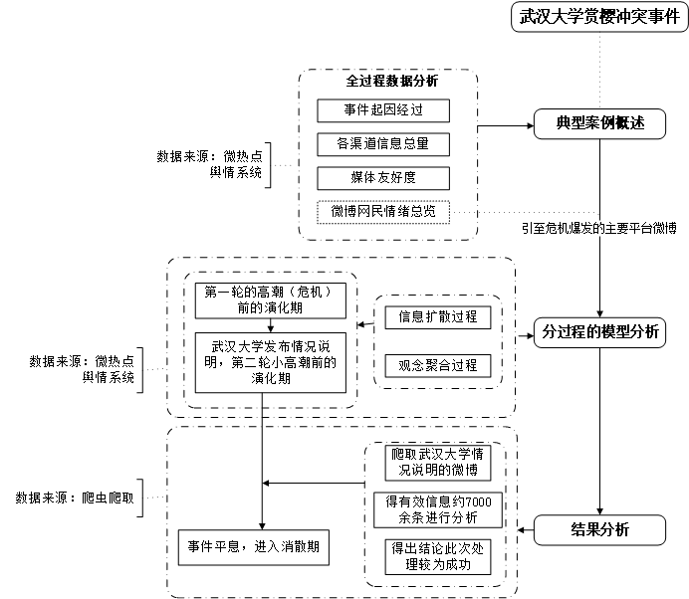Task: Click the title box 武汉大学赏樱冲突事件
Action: pyautogui.click(x=599, y=17)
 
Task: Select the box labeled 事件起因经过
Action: pyautogui.click(x=383, y=109)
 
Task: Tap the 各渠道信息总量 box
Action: pyautogui.click(x=383, y=143)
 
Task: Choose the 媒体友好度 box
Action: pyautogui.click(x=383, y=178)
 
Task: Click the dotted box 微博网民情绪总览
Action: pyautogui.click(x=383, y=212)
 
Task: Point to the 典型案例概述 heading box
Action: pyautogui.click(x=600, y=123)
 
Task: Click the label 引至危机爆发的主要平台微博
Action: pyautogui.click(x=599, y=229)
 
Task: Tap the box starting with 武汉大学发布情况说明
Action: pyautogui.click(x=270, y=362)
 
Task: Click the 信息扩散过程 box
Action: pyautogui.click(x=438, y=317)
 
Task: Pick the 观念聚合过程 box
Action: pyautogui.click(x=438, y=365)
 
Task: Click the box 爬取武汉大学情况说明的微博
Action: pyautogui.click(x=438, y=463)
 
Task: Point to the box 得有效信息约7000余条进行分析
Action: pyautogui.click(x=438, y=509)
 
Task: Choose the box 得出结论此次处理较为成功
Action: pyautogui.click(x=438, y=556)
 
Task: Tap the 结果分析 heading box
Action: pyautogui.click(x=600, y=530)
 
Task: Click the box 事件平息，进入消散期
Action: pyautogui.click(x=254, y=547)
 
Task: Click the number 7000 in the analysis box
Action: pyautogui.click(x=477, y=501)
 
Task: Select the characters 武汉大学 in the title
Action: pyautogui.click(x=551, y=17)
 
